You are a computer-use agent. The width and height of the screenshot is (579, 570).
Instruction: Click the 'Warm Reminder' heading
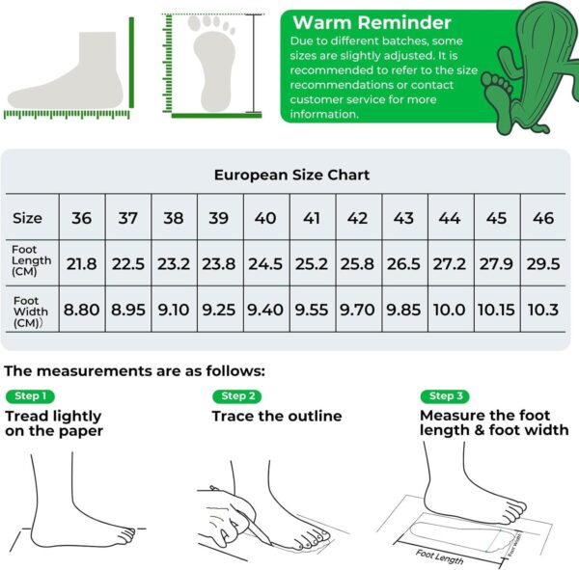[372, 22]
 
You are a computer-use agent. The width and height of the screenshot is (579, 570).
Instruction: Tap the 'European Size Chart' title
[291, 175]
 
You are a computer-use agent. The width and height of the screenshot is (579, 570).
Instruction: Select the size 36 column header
[82, 218]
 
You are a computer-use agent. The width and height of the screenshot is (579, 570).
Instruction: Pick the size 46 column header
[543, 218]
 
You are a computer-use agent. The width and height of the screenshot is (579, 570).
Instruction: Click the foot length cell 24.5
[265, 264]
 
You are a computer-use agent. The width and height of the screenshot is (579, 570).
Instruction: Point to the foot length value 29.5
[543, 264]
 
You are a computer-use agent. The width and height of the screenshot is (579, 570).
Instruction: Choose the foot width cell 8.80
[82, 310]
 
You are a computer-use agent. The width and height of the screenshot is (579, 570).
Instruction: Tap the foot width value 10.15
[496, 310]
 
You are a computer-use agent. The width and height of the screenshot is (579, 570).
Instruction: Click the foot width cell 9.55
[312, 310]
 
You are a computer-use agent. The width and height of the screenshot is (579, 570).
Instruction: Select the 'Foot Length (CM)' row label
[32, 260]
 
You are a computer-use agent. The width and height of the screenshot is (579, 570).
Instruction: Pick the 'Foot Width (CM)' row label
[31, 312]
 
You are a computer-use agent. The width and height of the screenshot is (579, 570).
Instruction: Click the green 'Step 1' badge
[30, 396]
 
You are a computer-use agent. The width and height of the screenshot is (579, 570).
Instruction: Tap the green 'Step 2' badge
[237, 396]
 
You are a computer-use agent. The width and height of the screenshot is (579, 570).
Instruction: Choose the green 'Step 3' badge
[445, 396]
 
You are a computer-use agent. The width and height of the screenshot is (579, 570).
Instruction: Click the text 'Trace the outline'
[277, 416]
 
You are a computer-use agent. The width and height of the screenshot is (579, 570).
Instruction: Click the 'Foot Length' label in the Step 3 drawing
[439, 556]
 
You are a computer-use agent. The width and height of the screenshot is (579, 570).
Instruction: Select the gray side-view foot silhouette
[66, 70]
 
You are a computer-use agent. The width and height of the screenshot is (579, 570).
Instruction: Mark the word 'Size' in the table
[27, 218]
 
